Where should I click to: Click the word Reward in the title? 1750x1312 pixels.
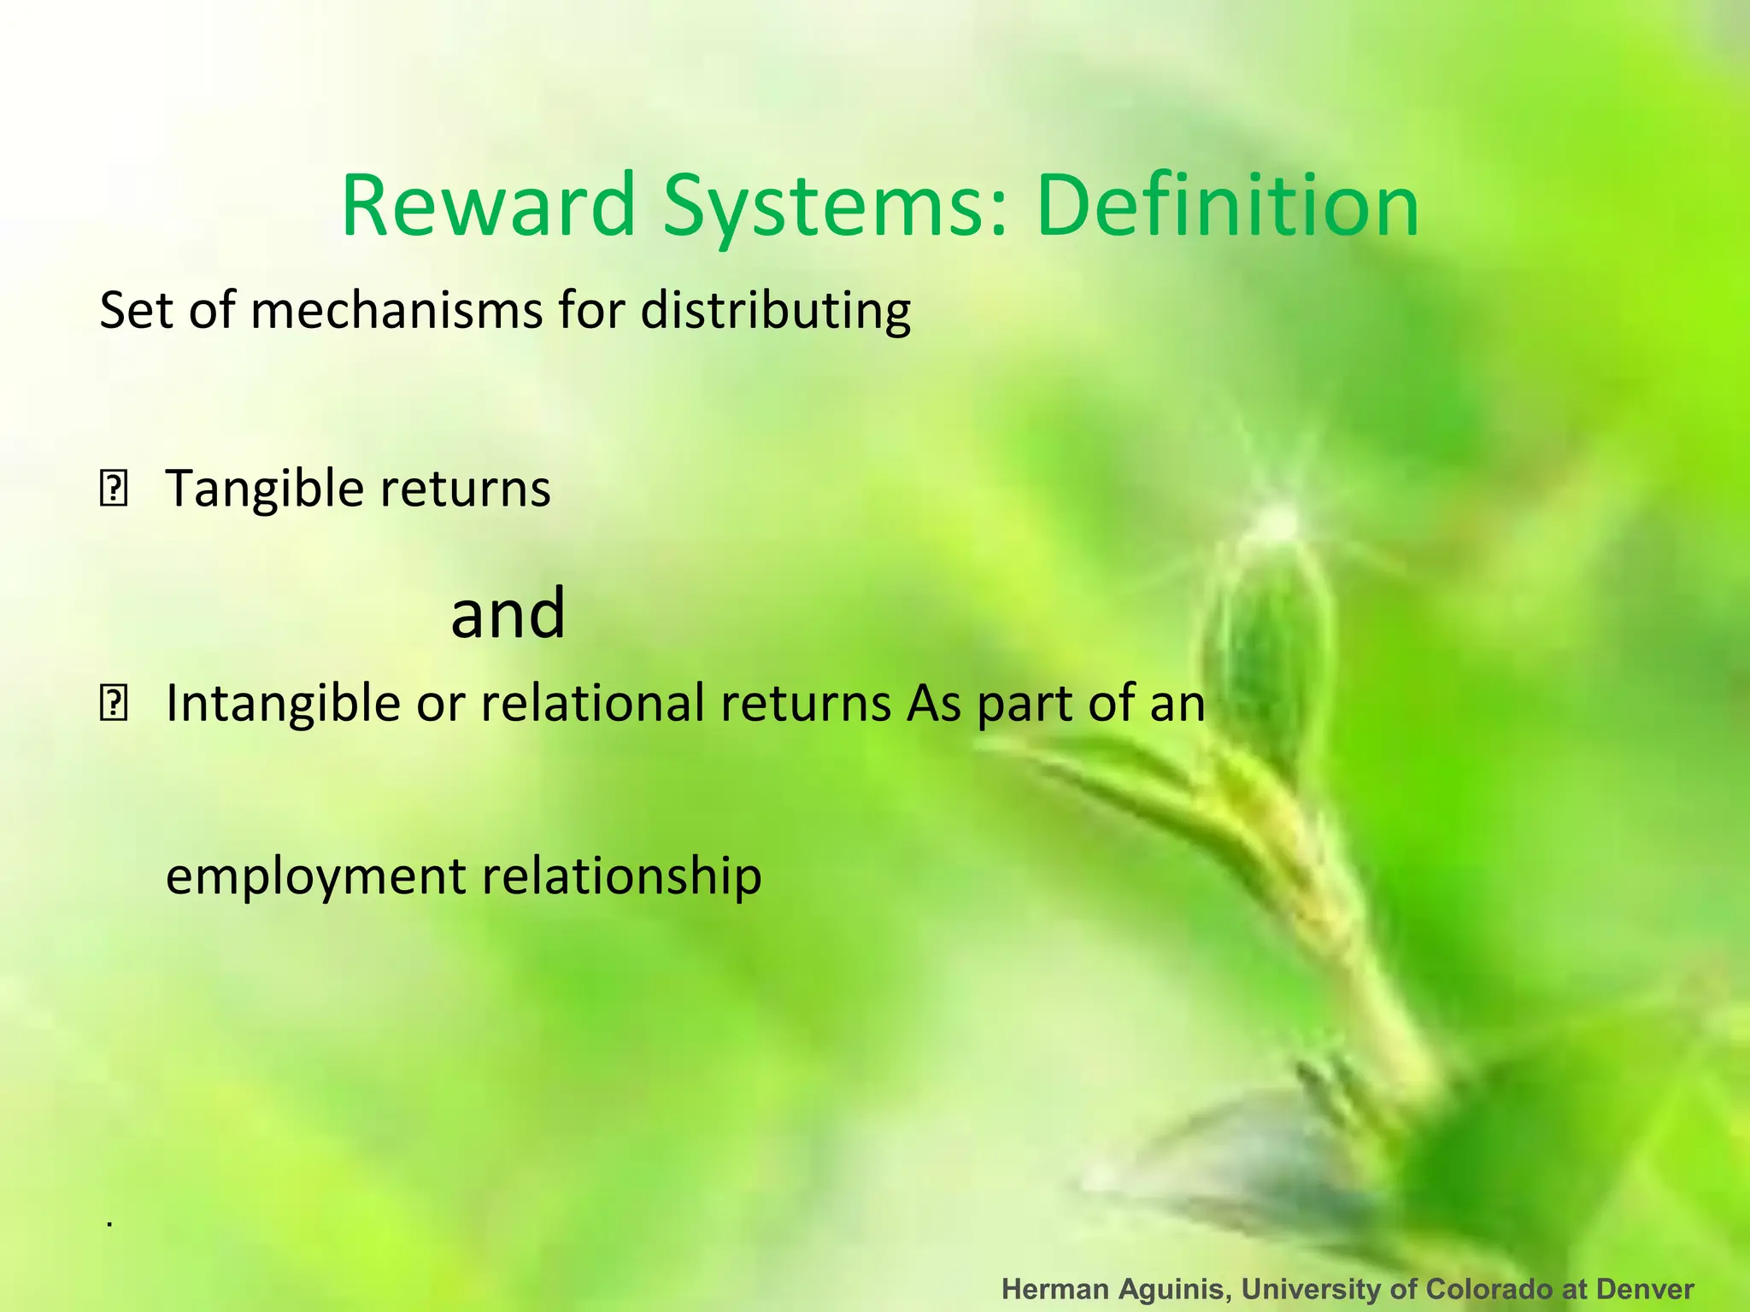click(488, 206)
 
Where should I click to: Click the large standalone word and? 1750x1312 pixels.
click(508, 612)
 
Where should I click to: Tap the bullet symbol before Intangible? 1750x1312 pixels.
click(114, 706)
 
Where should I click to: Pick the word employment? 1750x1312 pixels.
click(315, 876)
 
